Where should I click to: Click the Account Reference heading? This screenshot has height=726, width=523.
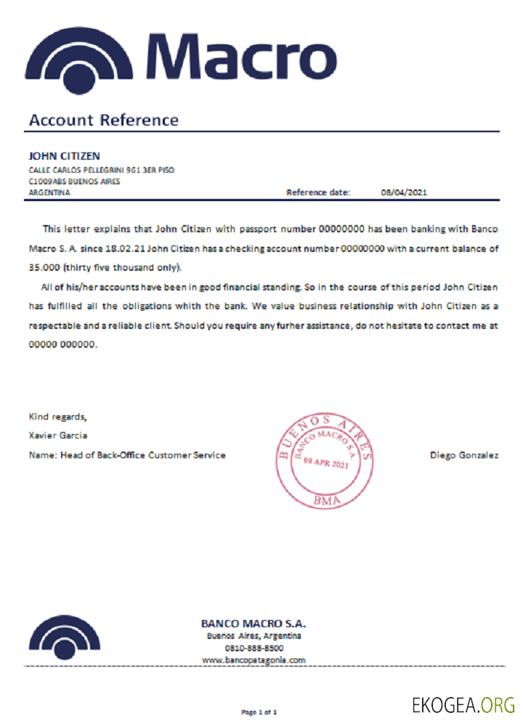[103, 121]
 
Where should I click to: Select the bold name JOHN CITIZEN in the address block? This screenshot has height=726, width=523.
[64, 156]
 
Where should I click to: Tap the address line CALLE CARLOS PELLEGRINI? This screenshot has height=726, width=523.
[101, 170]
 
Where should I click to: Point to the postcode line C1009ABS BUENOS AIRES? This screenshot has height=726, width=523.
[74, 181]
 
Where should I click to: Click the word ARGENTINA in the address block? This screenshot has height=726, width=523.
[49, 193]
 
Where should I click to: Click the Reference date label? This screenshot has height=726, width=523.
[318, 193]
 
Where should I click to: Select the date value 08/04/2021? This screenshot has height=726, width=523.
[404, 193]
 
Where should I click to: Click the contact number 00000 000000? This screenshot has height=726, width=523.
[62, 346]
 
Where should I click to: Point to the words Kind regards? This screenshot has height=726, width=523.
[57, 417]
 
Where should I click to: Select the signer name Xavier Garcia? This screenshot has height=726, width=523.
[57, 436]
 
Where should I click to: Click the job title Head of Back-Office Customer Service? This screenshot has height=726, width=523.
[143, 455]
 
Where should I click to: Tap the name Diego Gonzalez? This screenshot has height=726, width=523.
[464, 455]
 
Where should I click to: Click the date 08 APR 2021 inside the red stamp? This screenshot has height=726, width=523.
[327, 462]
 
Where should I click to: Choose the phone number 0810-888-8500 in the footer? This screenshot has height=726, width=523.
[254, 648]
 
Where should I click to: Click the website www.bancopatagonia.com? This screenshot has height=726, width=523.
[254, 661]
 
